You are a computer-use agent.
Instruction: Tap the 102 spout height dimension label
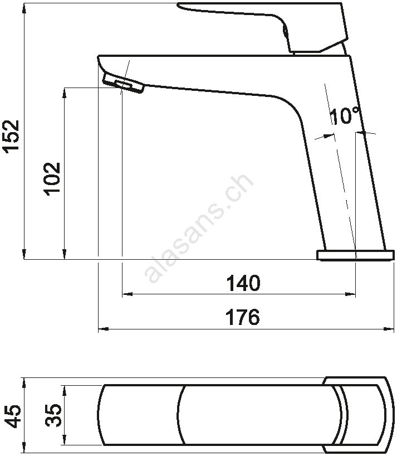tap(52, 178)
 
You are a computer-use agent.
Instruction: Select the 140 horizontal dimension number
tap(243, 283)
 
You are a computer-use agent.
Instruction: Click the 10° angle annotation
tap(346, 116)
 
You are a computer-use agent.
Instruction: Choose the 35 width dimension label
tap(53, 415)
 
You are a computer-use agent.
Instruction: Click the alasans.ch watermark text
tap(199, 229)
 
